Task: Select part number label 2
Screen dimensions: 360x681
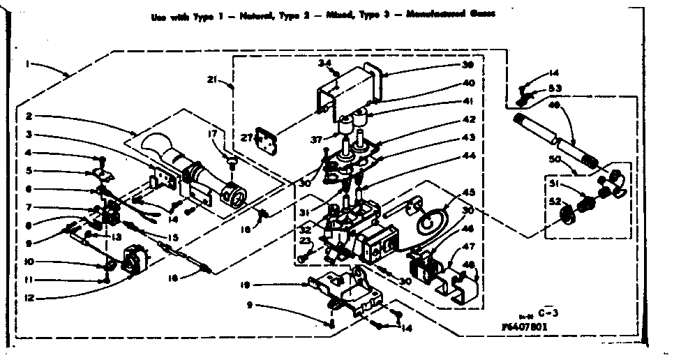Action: pyautogui.click(x=29, y=116)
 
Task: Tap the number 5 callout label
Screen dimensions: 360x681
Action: pyautogui.click(x=29, y=170)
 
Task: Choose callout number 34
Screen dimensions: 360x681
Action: pyautogui.click(x=324, y=63)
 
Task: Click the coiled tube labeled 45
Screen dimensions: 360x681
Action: pyautogui.click(x=429, y=218)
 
